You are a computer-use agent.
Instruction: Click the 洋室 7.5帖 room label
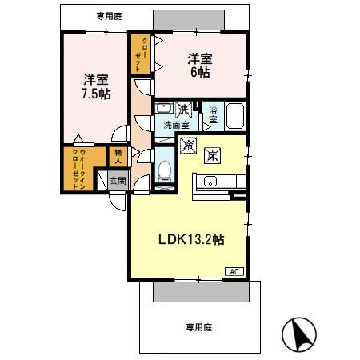(94, 86)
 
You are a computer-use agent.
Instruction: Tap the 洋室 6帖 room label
(200, 65)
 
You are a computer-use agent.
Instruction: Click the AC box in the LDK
(235, 272)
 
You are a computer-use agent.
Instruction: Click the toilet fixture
(165, 170)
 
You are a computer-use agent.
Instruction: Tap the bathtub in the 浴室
(238, 117)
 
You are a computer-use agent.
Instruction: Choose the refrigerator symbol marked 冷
(189, 146)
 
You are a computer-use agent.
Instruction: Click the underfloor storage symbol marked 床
(214, 154)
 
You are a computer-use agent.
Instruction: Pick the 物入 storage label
(117, 155)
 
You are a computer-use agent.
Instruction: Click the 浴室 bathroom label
(213, 114)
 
